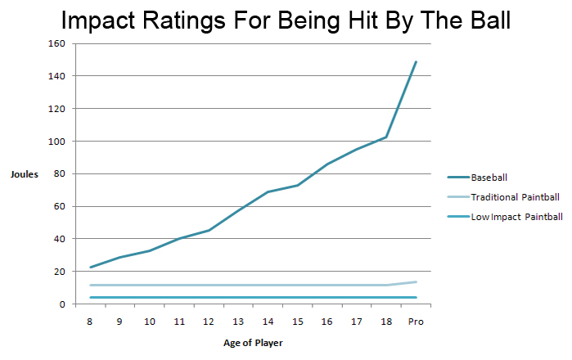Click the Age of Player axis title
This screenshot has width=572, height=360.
[x=254, y=342]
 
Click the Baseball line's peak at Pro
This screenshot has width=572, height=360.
[x=417, y=61]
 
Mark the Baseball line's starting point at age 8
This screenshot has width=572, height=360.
[x=91, y=268]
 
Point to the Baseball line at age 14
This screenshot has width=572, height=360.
[x=268, y=191]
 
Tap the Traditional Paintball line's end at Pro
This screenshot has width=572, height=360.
[x=417, y=282]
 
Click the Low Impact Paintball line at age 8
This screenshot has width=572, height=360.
[x=91, y=297]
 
